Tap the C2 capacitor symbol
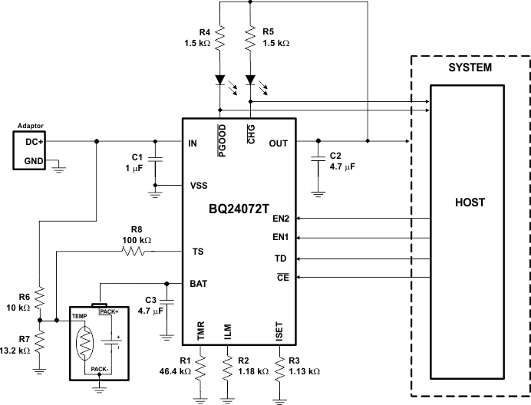318,160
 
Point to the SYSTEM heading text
470,68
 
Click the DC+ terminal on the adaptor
35,142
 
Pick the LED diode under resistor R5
250,80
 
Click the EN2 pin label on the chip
281,219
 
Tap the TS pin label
196,251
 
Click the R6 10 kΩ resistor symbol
40,298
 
